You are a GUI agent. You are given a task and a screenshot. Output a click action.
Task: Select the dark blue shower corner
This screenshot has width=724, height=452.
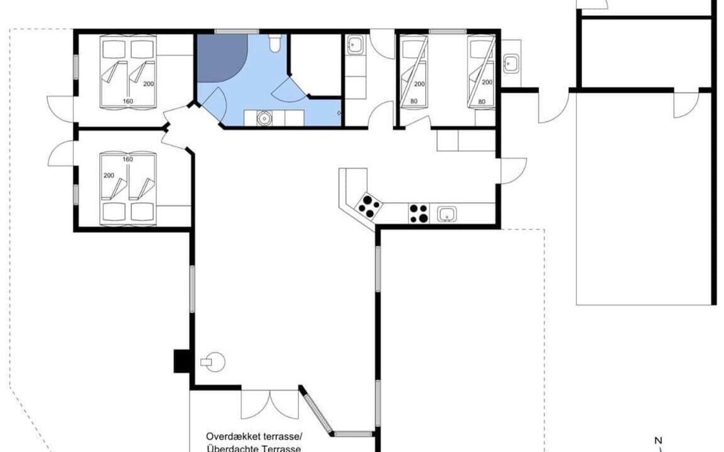click(x=220, y=55)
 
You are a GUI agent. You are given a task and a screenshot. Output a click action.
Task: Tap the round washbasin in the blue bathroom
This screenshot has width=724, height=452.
click(x=264, y=118)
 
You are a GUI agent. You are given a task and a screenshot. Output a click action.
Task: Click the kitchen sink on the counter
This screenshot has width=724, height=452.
click(x=446, y=214)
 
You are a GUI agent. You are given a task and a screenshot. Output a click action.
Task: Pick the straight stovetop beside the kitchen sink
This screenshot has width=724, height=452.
click(x=419, y=213)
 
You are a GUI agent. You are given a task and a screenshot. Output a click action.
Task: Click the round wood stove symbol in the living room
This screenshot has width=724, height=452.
click(x=213, y=362)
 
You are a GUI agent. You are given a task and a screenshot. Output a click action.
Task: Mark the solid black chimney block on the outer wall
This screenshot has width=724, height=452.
click(x=182, y=361)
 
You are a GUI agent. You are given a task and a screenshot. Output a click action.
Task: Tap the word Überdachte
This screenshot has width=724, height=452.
click(x=229, y=448)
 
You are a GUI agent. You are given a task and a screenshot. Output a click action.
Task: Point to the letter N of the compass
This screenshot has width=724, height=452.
click(x=659, y=440)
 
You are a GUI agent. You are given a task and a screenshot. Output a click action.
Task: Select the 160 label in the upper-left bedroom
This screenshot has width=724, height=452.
click(x=128, y=101)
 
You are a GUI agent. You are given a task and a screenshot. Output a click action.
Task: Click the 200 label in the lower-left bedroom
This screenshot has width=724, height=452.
click(x=109, y=175)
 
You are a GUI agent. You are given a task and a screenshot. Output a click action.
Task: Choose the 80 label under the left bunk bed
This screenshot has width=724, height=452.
click(x=414, y=101)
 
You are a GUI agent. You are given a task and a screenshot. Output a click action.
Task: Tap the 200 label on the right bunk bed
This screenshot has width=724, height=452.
click(x=487, y=82)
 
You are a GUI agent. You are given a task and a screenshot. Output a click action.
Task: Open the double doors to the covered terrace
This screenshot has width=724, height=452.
click(x=269, y=404)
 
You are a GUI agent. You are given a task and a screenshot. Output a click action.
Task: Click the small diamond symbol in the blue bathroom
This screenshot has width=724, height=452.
click(x=338, y=112)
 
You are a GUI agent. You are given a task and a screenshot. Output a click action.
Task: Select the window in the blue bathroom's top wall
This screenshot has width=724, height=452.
click(x=230, y=31)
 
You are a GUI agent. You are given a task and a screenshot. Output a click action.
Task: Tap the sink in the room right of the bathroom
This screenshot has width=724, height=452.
click(x=355, y=45)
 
